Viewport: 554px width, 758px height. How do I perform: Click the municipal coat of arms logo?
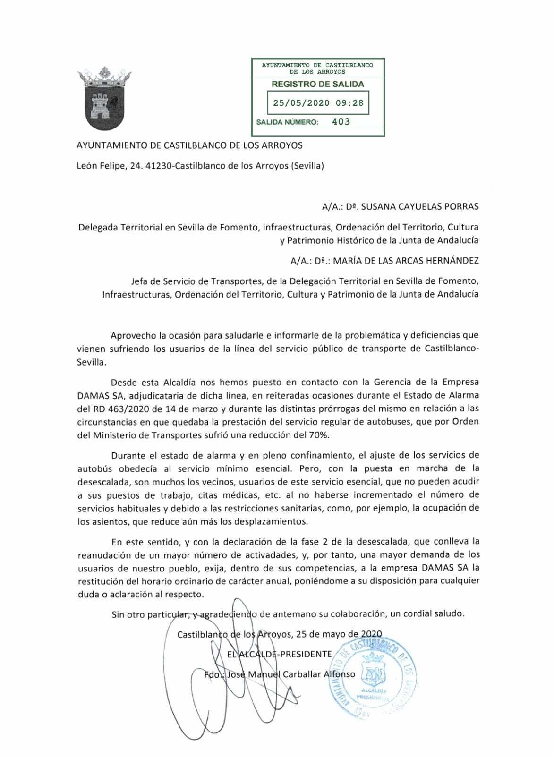(x=104, y=99)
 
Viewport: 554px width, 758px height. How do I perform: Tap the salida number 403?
(x=341, y=122)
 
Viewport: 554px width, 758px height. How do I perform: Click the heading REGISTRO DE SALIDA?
(x=318, y=84)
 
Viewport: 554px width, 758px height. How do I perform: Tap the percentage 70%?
(x=317, y=435)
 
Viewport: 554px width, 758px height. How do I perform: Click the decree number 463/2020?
(x=115, y=408)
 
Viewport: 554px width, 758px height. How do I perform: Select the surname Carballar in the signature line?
(x=302, y=674)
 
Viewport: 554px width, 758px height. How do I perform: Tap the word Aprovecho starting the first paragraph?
(x=133, y=336)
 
